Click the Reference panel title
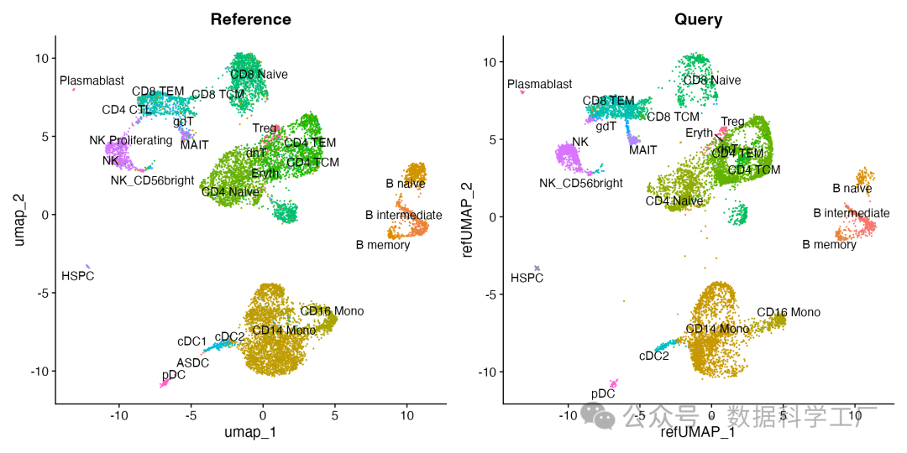click(250, 19)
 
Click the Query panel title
click(698, 19)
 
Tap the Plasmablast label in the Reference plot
click(92, 81)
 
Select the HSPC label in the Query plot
click(527, 278)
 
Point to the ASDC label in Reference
click(192, 362)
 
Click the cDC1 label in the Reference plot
click(191, 341)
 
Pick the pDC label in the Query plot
click(603, 393)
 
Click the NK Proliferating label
click(131, 140)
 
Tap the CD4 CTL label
click(127, 109)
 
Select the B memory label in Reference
click(383, 245)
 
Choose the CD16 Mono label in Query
click(788, 312)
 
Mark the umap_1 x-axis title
click(250, 432)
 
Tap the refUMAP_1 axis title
click(698, 432)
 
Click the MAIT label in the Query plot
click(642, 150)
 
